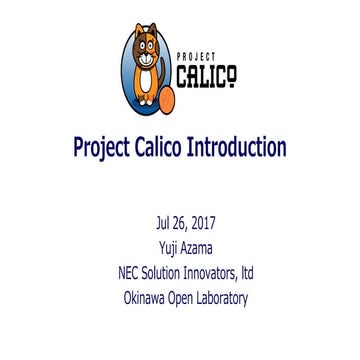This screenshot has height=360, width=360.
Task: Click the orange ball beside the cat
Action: pos(165,99)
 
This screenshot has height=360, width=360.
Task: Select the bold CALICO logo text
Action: pos(206,76)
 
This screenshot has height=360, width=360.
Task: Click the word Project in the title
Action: pos(104,148)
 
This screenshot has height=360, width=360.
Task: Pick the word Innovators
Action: pos(220,272)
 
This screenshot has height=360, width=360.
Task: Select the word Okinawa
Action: pos(147,297)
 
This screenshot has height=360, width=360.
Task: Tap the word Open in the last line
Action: pos(193,297)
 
